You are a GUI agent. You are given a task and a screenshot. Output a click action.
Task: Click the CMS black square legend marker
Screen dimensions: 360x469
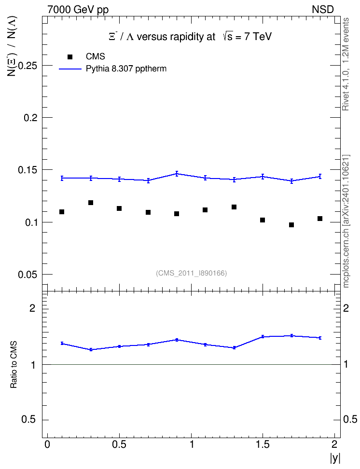70,57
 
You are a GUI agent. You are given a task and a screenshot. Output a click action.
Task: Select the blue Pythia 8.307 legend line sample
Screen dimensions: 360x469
70,69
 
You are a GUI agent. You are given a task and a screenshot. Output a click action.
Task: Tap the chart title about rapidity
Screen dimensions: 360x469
190,37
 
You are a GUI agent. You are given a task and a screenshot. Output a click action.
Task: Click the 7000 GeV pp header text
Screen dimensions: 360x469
78,10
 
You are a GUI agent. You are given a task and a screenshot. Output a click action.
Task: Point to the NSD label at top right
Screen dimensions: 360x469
322,10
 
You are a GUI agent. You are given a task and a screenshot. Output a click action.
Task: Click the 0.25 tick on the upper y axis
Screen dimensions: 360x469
28,66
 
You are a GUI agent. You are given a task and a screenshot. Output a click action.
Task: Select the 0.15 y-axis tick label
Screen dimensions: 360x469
28,170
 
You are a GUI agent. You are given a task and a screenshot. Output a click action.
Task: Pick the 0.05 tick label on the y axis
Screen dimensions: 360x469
28,275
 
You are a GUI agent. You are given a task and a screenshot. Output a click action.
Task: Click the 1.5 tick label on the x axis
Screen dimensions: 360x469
263,444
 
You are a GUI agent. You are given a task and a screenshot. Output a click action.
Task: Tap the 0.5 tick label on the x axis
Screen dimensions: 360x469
119,444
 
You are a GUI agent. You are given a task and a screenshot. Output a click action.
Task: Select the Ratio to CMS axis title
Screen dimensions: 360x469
14,365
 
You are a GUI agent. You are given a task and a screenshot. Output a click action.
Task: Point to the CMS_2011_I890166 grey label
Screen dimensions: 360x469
192,273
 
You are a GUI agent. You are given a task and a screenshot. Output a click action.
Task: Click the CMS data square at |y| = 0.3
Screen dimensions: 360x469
91,203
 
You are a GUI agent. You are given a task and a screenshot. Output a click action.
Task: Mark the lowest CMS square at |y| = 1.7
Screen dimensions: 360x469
291,225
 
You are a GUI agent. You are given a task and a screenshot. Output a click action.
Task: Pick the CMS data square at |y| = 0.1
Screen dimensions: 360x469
62,212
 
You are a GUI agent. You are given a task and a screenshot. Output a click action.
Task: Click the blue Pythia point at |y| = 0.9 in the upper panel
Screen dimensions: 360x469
177,174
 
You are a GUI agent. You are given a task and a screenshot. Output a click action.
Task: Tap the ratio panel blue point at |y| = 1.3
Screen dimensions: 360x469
235,347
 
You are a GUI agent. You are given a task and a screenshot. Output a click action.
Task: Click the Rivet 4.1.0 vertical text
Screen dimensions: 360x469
346,64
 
